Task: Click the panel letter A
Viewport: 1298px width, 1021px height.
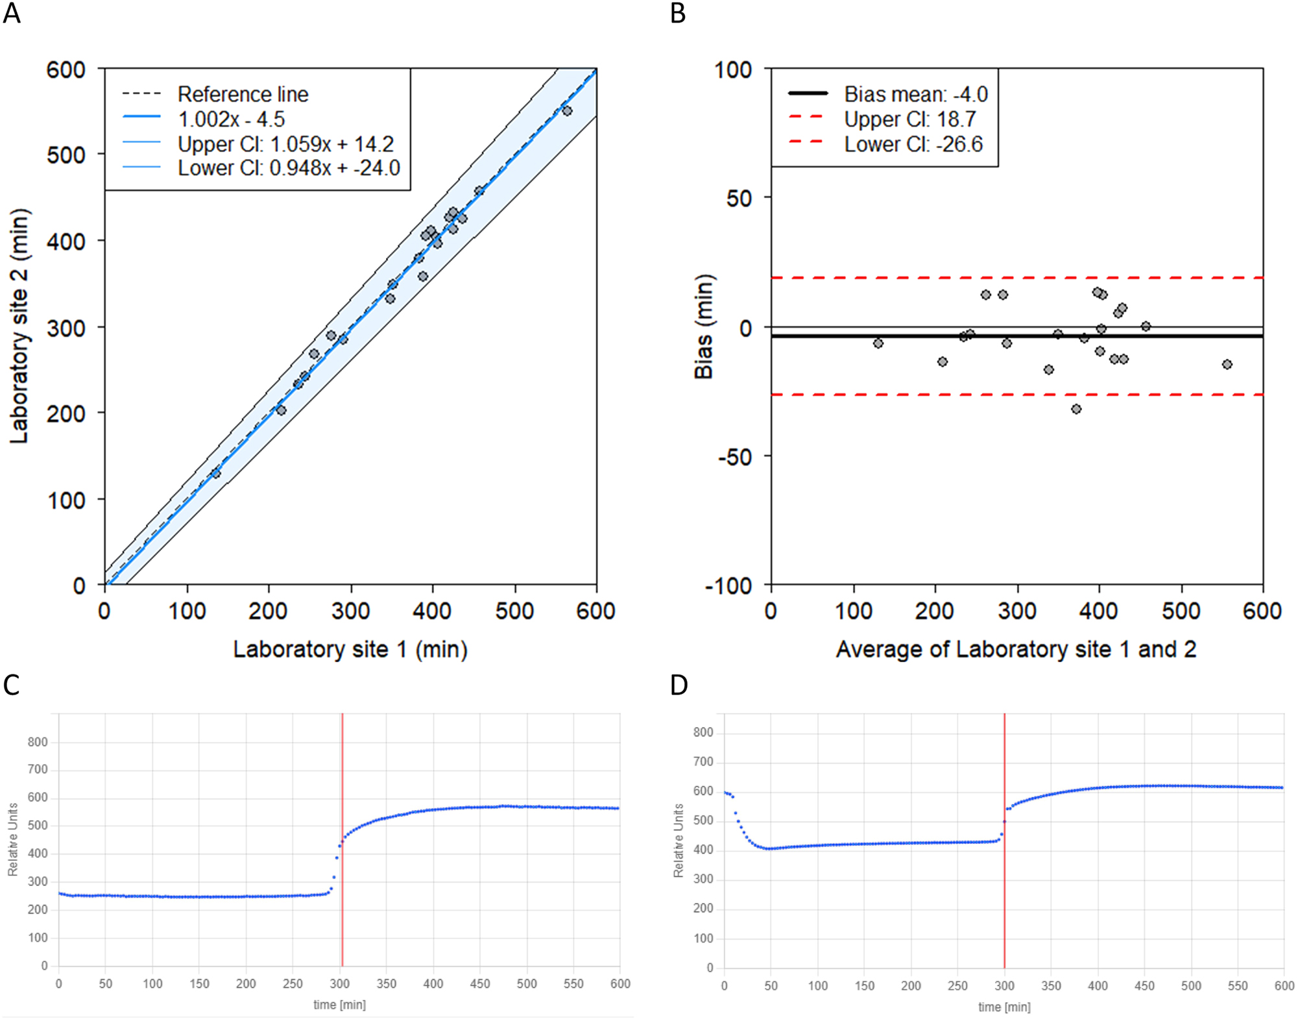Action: [12, 13]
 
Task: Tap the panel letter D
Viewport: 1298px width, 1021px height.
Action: [679, 685]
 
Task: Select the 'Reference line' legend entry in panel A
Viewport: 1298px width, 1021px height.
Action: [243, 95]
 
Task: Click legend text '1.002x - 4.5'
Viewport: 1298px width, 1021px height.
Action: [231, 119]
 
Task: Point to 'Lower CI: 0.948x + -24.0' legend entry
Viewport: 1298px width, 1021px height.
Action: [289, 168]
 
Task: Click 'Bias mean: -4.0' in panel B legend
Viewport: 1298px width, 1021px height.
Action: [915, 95]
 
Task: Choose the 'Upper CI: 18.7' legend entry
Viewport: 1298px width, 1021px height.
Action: [909, 119]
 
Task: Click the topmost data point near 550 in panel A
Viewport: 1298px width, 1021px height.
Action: [567, 111]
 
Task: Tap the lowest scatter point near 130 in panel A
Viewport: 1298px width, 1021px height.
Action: [216, 474]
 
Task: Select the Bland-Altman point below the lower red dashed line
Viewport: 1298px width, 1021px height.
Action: [1076, 409]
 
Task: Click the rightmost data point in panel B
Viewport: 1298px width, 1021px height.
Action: [1227, 364]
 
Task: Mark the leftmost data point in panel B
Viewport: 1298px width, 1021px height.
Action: [878, 343]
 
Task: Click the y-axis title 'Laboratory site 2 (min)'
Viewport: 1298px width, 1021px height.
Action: [19, 326]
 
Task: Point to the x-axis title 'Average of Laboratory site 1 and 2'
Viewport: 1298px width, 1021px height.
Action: [1016, 649]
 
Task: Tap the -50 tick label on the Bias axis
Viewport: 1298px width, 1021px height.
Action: [734, 457]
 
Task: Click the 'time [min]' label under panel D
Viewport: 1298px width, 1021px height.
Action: [1004, 1007]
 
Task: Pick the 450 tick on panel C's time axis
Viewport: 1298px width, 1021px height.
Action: [480, 983]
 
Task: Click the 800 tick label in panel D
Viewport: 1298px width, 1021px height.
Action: [703, 732]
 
